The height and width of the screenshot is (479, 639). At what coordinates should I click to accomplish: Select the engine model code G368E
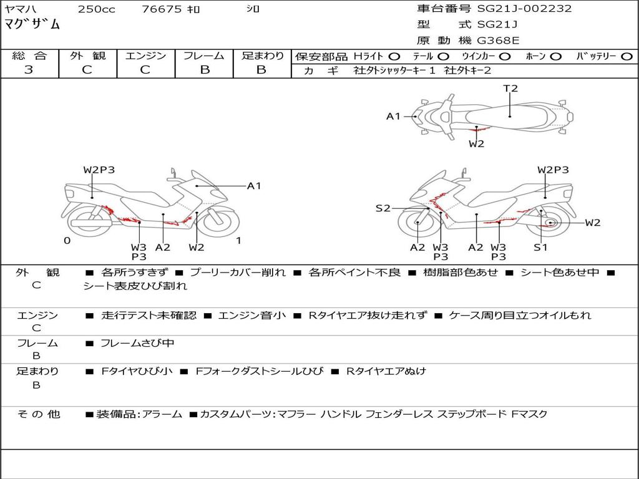pyautogui.click(x=498, y=41)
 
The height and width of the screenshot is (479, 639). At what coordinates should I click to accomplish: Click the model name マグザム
pyautogui.click(x=32, y=25)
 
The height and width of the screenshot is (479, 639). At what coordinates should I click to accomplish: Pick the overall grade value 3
pyautogui.click(x=29, y=70)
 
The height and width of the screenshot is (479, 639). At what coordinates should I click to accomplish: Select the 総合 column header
pyautogui.click(x=29, y=56)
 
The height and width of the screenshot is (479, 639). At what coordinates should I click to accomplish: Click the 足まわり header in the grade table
pyautogui.click(x=262, y=56)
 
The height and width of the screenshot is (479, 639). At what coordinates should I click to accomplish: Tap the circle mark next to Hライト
pyautogui.click(x=394, y=57)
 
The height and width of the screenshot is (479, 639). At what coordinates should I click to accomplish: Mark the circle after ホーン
pyautogui.click(x=555, y=57)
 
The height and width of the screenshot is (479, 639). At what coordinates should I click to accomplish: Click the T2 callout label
pyautogui.click(x=510, y=89)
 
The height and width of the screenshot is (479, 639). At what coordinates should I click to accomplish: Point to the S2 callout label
pyautogui.click(x=383, y=208)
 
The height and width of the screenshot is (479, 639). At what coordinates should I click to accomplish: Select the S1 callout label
pyautogui.click(x=540, y=248)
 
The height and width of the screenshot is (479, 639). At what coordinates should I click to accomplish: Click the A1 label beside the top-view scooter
pyautogui.click(x=393, y=116)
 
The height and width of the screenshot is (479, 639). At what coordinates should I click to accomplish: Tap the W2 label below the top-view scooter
pyautogui.click(x=476, y=144)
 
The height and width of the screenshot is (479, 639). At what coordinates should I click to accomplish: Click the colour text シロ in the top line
pyautogui.click(x=252, y=9)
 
